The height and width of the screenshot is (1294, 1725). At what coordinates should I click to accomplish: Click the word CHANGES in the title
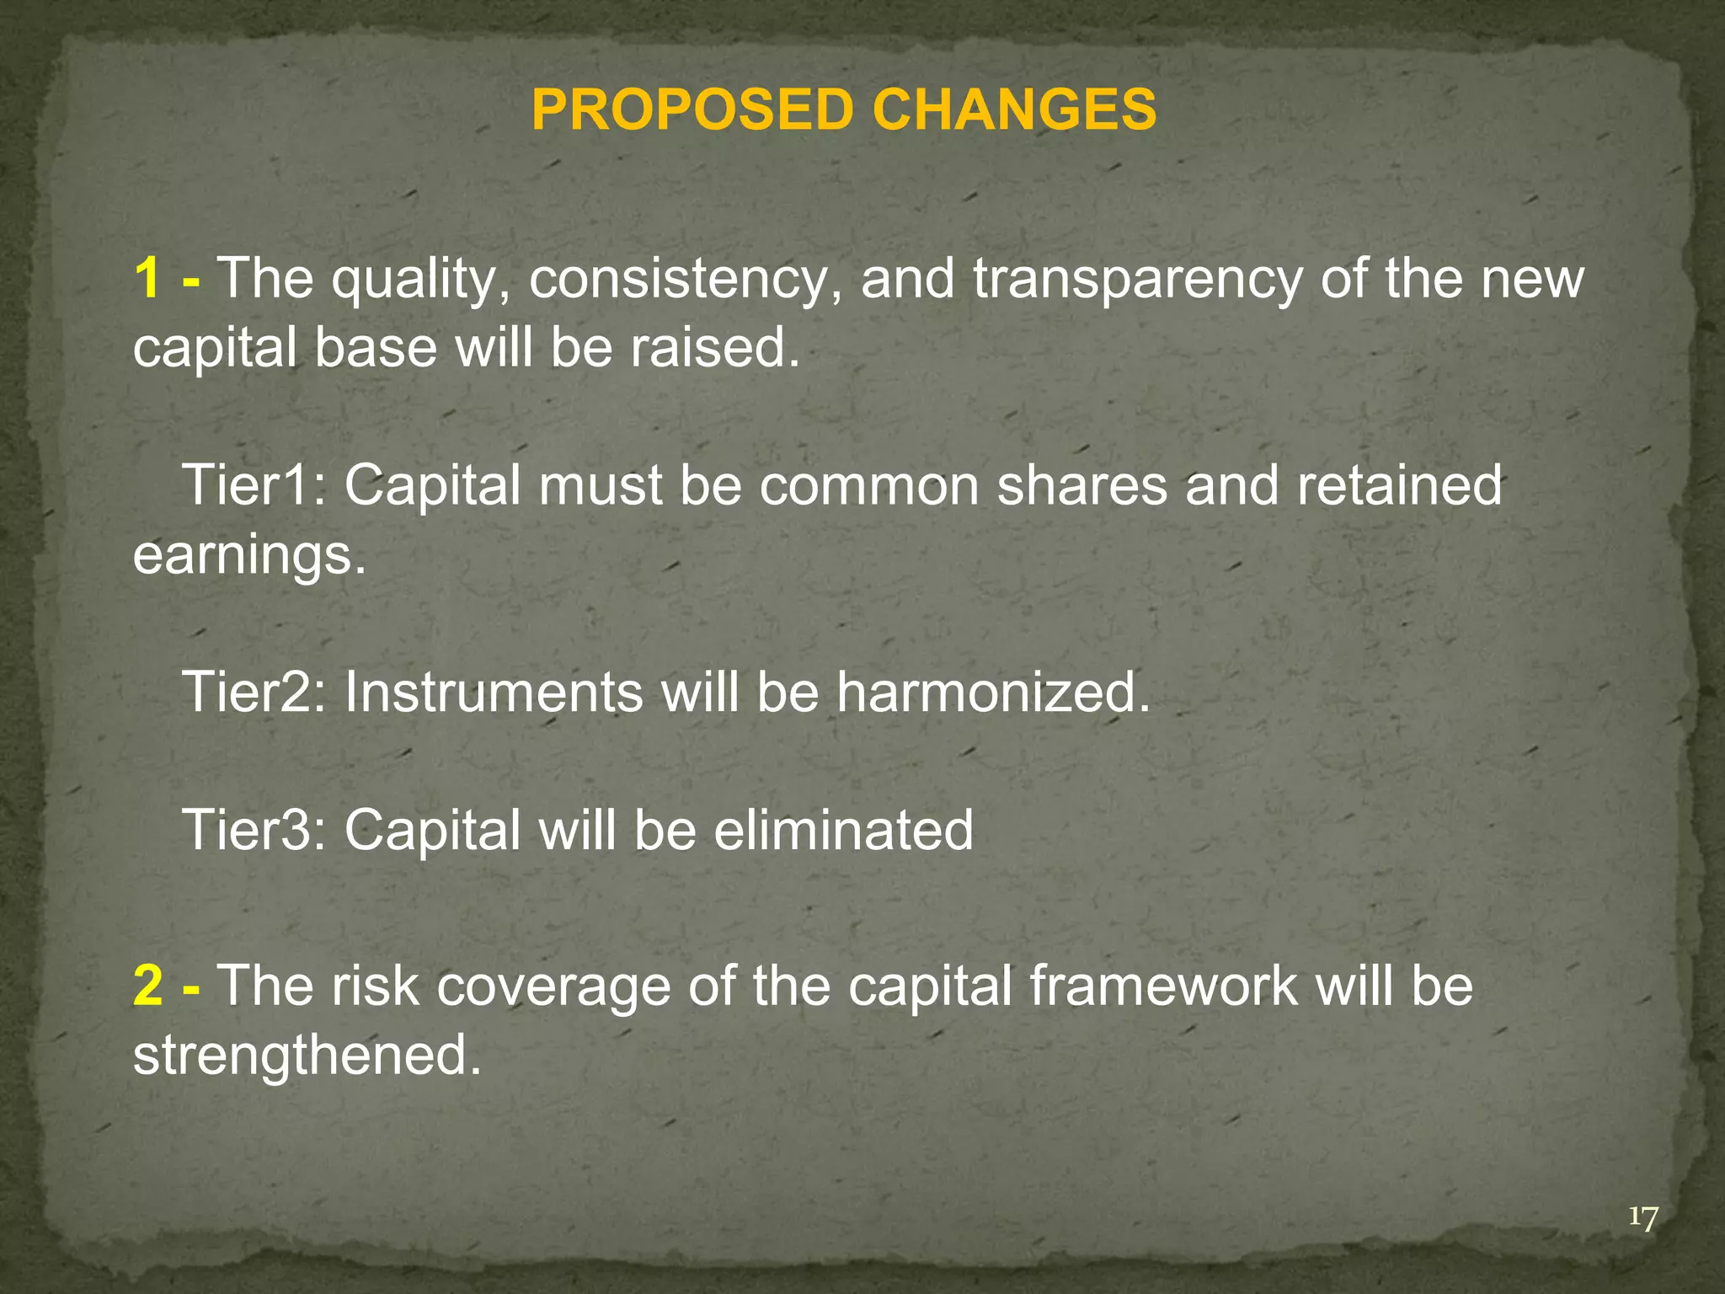click(1014, 110)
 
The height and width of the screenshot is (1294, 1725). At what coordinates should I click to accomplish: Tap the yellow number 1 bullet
click(147, 278)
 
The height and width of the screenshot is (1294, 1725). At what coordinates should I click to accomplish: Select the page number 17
click(1642, 1218)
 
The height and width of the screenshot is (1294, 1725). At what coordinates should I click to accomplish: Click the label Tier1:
click(254, 485)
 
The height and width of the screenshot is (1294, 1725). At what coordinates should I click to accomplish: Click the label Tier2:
click(254, 692)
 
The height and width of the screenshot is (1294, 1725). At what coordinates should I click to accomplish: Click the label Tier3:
click(254, 830)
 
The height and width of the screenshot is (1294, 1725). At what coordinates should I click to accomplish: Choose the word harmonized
click(993, 692)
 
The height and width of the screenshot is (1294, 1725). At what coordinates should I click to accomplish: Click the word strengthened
click(307, 1055)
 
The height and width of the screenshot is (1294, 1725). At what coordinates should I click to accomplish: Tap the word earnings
click(249, 556)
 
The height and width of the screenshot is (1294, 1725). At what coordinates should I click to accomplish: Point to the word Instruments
click(492, 692)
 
